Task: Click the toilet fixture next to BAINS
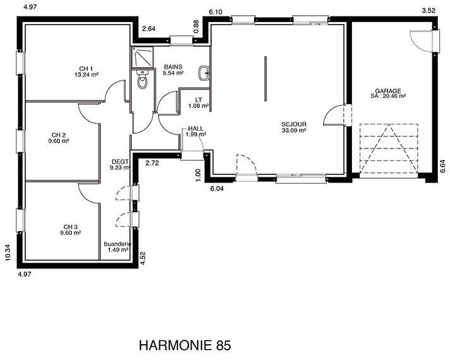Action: pyautogui.click(x=142, y=79)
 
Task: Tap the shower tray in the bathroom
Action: pyautogui.click(x=142, y=57)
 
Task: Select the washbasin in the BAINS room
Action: pyautogui.click(x=204, y=73)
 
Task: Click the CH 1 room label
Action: pyautogui.click(x=86, y=69)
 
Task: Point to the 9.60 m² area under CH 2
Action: pyautogui.click(x=59, y=141)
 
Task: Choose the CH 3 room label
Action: pyautogui.click(x=70, y=227)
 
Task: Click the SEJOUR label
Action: pyautogui.click(x=294, y=124)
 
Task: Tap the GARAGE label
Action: pyautogui.click(x=388, y=91)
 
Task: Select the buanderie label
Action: pyautogui.click(x=118, y=244)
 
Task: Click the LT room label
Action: pyautogui.click(x=198, y=100)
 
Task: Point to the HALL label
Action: pyautogui.click(x=195, y=128)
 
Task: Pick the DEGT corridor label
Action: pyautogui.click(x=120, y=162)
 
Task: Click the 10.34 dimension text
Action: pyautogui.click(x=8, y=253)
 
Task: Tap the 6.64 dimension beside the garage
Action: pyautogui.click(x=444, y=166)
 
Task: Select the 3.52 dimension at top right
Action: pyautogui.click(x=429, y=11)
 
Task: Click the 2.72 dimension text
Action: pyautogui.click(x=152, y=164)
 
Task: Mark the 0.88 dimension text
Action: pyautogui.click(x=197, y=27)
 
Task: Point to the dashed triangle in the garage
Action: pyautogui.click(x=388, y=148)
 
